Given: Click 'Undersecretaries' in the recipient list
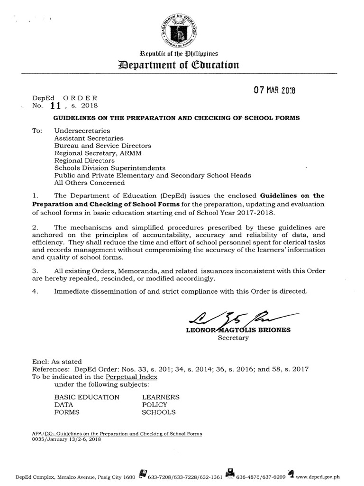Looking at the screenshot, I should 82,130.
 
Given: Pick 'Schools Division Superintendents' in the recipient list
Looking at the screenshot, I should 110,168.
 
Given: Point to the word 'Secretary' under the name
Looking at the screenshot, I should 233,338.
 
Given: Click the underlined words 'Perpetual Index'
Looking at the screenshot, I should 132,377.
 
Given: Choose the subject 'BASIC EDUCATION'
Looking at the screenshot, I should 87,397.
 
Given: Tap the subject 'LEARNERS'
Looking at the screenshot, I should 160,397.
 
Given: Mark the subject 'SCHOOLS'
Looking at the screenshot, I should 158,412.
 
